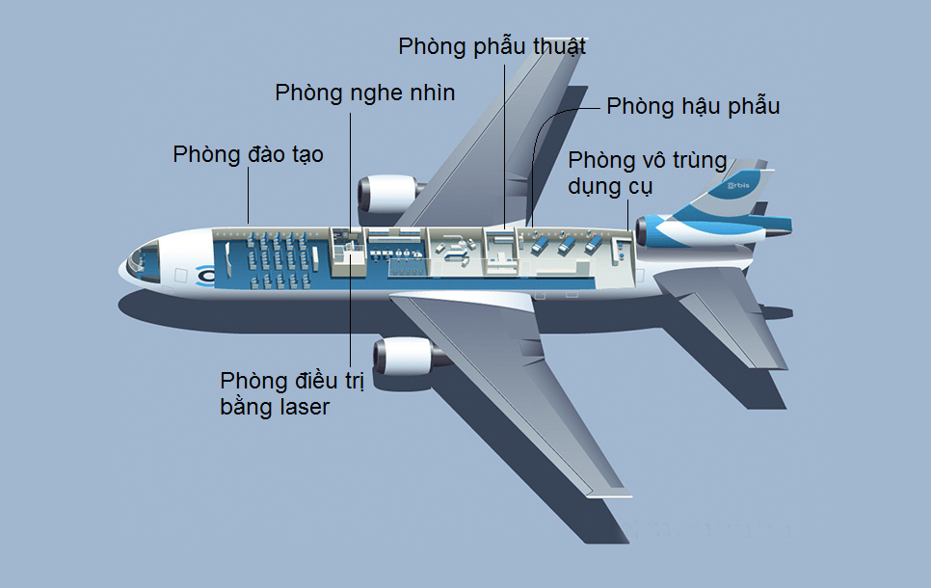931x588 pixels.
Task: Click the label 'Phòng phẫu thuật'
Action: pyautogui.click(x=492, y=47)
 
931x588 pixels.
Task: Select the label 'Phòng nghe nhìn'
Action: pyautogui.click(x=364, y=94)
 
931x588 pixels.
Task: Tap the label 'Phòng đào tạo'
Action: pyautogui.click(x=249, y=154)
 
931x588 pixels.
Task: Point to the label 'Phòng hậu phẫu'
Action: pyautogui.click(x=693, y=106)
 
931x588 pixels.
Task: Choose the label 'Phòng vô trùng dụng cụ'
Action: pyautogui.click(x=648, y=173)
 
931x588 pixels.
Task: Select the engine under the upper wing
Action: pyautogui.click(x=389, y=194)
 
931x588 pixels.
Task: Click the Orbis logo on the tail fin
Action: pyautogui.click(x=739, y=186)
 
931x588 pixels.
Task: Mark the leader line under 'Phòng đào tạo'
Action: pyautogui.click(x=249, y=196)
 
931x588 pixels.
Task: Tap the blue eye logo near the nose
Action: pyautogui.click(x=205, y=275)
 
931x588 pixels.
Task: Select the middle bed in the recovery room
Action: pyautogui.click(x=566, y=245)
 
